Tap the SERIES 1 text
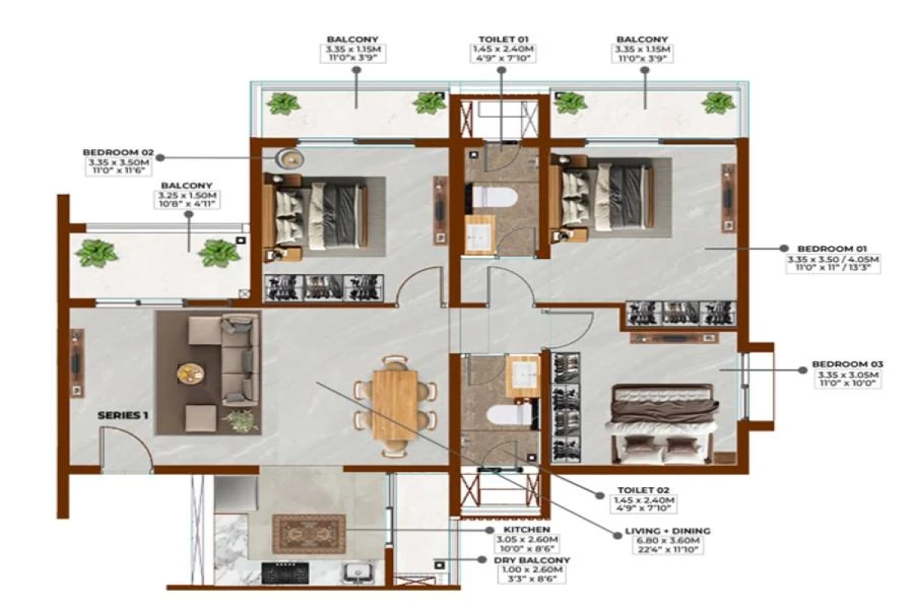pyautogui.click(x=122, y=416)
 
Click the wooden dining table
pyautogui.click(x=396, y=403)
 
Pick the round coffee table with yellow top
pyautogui.click(x=190, y=373)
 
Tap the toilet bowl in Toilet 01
pyautogui.click(x=495, y=197)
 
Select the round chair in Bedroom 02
pyautogui.click(x=289, y=158)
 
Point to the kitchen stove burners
pyautogui.click(x=285, y=572)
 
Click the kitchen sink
pyautogui.click(x=356, y=572)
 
